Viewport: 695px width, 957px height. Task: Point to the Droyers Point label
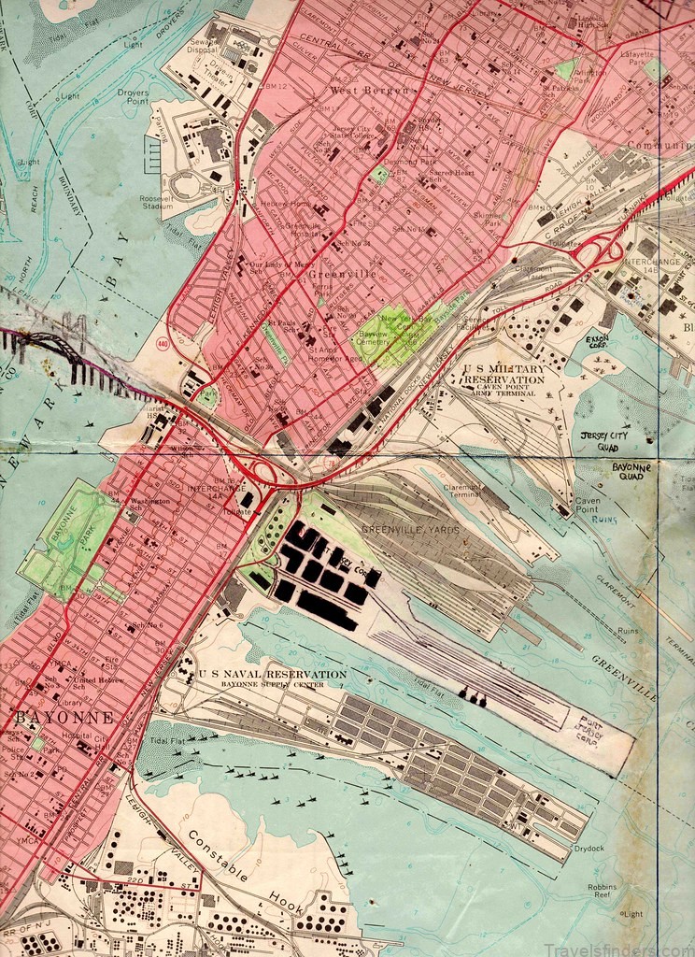tap(134, 97)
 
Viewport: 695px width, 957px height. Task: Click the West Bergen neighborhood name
tap(369, 90)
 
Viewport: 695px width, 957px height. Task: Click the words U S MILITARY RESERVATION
tap(504, 375)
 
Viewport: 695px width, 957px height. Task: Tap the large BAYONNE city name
tap(64, 718)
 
